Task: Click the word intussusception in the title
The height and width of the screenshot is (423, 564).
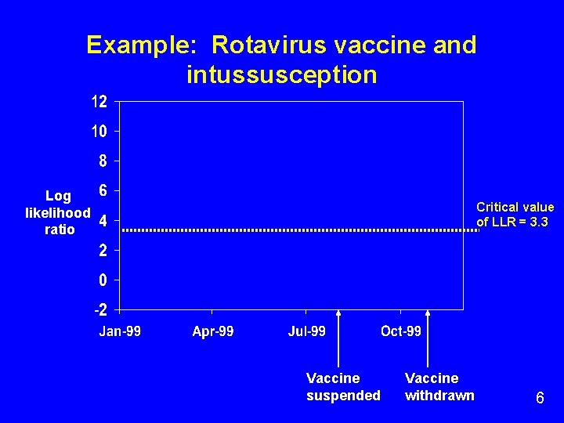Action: [282, 75]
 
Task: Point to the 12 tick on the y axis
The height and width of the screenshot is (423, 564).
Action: [99, 102]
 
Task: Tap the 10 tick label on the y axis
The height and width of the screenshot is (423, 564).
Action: [99, 132]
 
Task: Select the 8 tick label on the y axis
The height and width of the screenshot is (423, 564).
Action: [103, 161]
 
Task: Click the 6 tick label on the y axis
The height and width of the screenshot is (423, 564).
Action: [103, 190]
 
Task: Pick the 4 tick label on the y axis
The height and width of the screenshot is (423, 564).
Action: [103, 220]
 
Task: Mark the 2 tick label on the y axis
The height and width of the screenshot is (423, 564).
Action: [103, 250]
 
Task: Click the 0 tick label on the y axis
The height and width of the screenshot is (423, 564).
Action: [103, 280]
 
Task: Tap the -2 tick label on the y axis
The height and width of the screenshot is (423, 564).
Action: [99, 309]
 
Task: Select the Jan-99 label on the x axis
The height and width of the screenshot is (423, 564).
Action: [120, 331]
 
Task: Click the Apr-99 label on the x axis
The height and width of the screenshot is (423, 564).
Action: [213, 331]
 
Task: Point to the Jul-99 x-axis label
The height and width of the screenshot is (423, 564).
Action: [307, 331]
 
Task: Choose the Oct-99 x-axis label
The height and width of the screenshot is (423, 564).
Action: [401, 331]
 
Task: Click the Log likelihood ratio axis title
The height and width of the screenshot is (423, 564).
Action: [58, 212]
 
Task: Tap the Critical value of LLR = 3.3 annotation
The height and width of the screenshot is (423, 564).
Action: [515, 215]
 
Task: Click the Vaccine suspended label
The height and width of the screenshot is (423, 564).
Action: [342, 387]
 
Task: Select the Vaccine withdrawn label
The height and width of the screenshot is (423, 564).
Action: [439, 387]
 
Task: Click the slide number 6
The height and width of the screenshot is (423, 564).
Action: [540, 398]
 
